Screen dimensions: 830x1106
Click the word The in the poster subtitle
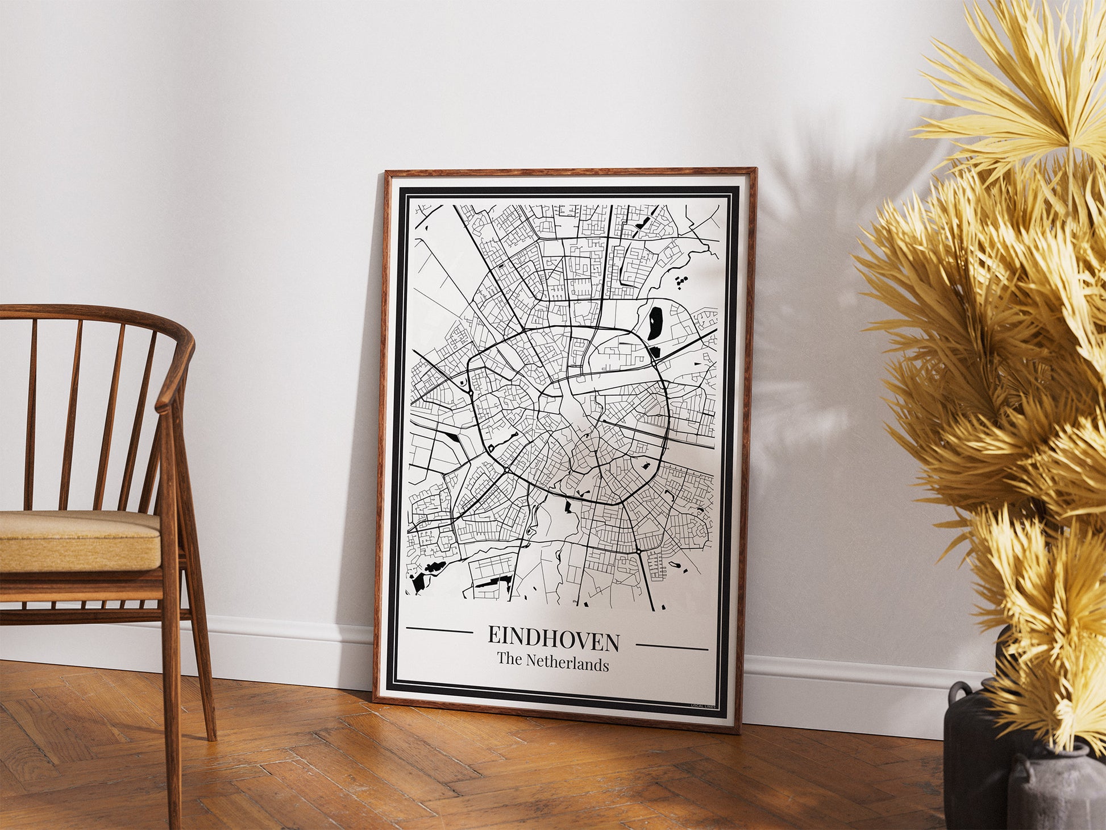pos(509,659)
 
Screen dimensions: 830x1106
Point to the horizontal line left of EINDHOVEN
pos(439,630)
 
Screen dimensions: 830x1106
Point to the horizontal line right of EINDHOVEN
pos(672,647)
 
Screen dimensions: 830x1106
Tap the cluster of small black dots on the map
pos(681,281)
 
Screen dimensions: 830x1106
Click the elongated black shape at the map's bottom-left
pos(493,581)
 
